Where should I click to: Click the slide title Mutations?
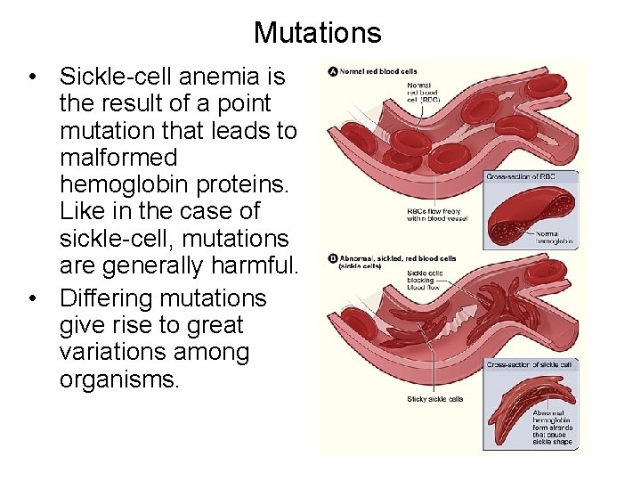(317, 33)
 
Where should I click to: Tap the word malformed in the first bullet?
(118, 158)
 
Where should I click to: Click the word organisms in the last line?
(119, 379)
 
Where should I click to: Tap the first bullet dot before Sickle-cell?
(31, 77)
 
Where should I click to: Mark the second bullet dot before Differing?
(31, 298)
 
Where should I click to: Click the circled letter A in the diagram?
(333, 71)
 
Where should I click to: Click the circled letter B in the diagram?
(333, 259)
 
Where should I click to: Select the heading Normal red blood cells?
(378, 71)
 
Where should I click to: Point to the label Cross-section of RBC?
(521, 177)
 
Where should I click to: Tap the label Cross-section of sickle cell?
(529, 364)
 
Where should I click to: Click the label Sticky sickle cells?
(434, 399)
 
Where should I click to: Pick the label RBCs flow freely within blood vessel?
(436, 215)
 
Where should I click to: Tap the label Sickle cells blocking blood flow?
(426, 280)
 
